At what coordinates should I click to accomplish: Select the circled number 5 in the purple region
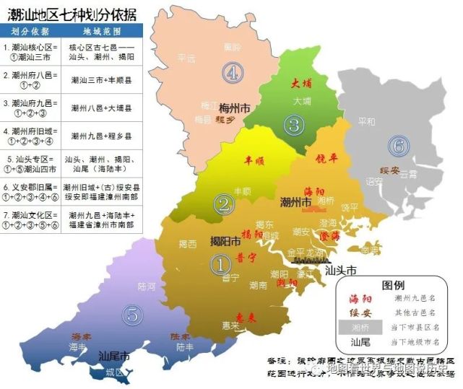coord(131,314)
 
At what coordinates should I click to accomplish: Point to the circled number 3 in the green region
coord(293,125)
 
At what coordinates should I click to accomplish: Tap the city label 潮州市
coord(295,203)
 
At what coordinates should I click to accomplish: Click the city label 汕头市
coord(342,271)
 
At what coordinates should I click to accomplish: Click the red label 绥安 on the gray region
coord(390,171)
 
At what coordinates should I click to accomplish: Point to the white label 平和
coord(366,122)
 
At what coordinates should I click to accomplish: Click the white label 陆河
coord(146,286)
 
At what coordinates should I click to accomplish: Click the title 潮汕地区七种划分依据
coord(69,12)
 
